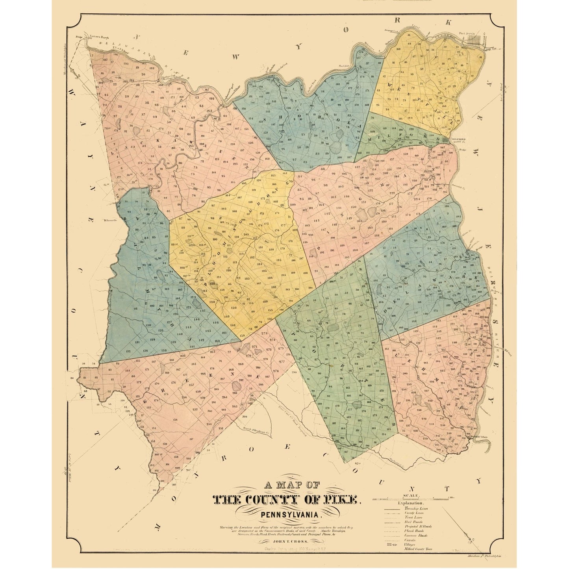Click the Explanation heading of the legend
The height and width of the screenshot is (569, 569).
pyautogui.click(x=411, y=503)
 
